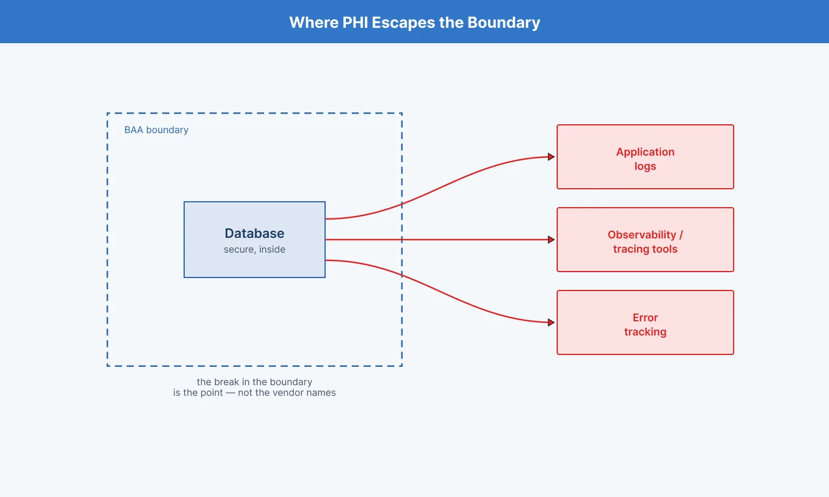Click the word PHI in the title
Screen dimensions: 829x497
355,22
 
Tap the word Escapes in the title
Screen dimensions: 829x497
403,23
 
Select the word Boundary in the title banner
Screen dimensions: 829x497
504,23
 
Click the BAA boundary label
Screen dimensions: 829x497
156,130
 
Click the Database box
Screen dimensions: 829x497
255,240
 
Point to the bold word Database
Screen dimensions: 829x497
255,233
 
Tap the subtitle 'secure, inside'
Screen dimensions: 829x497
255,250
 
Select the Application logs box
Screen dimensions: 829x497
645,157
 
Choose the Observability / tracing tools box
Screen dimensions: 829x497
645,240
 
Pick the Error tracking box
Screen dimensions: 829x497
645,322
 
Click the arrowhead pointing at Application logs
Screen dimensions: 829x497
551,157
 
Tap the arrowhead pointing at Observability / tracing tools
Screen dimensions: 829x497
551,240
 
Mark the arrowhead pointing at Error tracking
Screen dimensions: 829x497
551,322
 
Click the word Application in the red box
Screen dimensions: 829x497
645,152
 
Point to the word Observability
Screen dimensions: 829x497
642,235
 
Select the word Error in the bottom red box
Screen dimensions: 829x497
645,318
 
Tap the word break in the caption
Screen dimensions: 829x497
226,382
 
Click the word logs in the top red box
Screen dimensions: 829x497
645,166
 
